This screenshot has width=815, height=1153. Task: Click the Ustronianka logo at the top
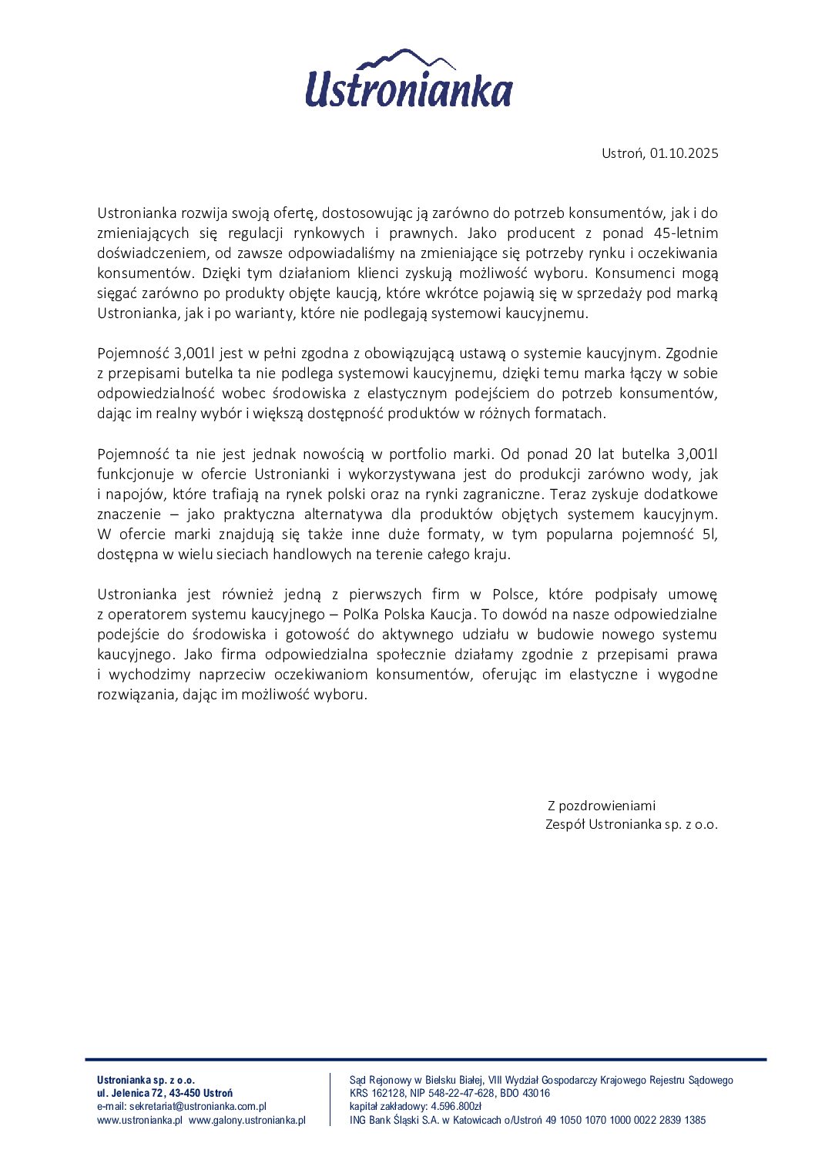[x=408, y=79]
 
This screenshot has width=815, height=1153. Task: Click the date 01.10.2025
[x=683, y=153]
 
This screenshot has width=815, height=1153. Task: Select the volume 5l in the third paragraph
[x=709, y=534]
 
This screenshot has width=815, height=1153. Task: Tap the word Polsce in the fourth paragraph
[x=512, y=594]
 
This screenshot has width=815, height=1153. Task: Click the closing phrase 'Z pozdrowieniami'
[x=602, y=806]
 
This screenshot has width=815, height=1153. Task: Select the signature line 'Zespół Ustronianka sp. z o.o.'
[x=631, y=824]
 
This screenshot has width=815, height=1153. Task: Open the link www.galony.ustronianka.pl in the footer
[x=247, y=1120]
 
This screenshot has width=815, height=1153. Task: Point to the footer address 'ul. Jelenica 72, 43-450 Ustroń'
[x=165, y=1093]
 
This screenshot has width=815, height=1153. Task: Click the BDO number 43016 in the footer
[x=536, y=1093]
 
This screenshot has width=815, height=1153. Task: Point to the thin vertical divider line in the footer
[x=330, y=1100]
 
